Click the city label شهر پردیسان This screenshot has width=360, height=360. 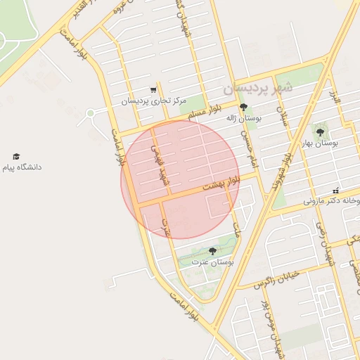point(255,90)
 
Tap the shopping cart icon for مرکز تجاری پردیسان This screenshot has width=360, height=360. point(153,90)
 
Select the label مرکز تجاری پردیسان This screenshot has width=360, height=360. point(153,101)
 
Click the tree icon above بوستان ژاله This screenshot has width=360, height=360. point(243,108)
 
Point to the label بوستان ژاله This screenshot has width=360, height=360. point(243,119)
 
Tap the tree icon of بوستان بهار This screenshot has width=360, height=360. point(321,131)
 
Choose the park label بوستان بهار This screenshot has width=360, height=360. point(321,142)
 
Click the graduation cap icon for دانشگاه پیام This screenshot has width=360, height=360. point(16,156)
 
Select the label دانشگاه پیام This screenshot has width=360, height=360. point(22,167)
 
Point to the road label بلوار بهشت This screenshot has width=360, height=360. point(221,185)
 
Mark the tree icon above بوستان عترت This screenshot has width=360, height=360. point(212,251)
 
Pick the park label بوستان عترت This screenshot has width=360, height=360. point(216,262)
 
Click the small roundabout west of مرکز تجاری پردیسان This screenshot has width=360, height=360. point(90,113)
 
